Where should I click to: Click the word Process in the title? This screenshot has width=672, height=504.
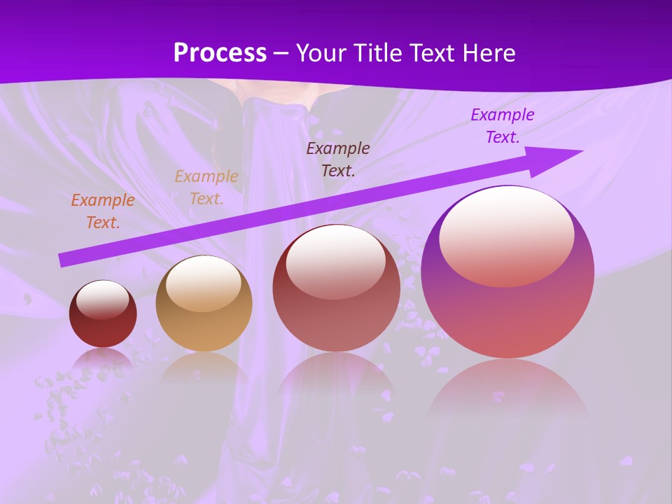220,53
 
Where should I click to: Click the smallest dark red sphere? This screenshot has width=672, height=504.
103,314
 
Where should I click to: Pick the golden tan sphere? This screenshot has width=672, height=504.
204,304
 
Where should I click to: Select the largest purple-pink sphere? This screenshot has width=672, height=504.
507,272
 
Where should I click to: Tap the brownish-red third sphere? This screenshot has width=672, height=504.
336,288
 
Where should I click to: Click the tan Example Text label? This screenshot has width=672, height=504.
206,188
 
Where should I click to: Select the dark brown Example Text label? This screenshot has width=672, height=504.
338,159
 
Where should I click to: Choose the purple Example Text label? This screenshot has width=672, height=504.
503,126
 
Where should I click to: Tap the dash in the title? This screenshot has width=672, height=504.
281,53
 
